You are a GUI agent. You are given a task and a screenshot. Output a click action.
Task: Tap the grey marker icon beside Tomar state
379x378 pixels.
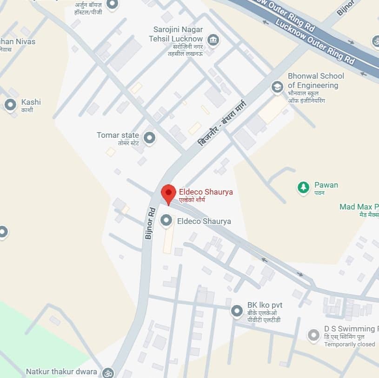pyautogui.click(x=149, y=138)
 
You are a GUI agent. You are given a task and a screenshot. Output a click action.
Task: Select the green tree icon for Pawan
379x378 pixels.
pyautogui.click(x=304, y=187)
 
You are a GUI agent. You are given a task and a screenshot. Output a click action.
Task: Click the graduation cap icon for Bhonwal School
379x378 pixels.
pyautogui.click(x=278, y=87)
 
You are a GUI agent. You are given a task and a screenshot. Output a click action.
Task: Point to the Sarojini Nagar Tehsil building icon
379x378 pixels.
pyautogui.click(x=213, y=40)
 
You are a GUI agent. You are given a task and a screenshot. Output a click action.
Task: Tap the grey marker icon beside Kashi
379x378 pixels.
pyautogui.click(x=10, y=105)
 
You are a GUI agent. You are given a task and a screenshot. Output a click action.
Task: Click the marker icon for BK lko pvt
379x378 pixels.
pyautogui.click(x=237, y=310)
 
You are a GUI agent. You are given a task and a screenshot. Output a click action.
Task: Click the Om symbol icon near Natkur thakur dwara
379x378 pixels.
pyautogui.click(x=108, y=372)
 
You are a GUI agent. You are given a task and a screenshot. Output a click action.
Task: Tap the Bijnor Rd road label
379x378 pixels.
pyautogui.click(x=149, y=223)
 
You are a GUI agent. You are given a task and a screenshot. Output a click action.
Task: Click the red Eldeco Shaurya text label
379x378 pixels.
pyautogui.click(x=206, y=192)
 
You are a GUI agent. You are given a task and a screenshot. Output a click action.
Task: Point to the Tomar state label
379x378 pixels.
pyautogui.click(x=118, y=135)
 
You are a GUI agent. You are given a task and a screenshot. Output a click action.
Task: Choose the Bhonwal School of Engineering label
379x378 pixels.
pyautogui.click(x=316, y=81)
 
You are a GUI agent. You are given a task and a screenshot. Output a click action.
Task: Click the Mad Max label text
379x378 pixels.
pyautogui.click(x=359, y=207)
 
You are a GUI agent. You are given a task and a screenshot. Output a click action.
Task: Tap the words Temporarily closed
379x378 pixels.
pyautogui.click(x=349, y=344)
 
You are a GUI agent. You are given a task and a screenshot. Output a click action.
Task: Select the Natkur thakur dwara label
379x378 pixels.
pyautogui.click(x=61, y=371)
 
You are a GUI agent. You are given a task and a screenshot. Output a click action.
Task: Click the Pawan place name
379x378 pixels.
pyautogui.click(x=326, y=185)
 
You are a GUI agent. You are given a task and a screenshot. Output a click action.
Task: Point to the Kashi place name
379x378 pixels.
pyautogui.click(x=31, y=102)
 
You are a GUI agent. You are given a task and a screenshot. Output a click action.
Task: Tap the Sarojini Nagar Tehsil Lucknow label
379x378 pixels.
pyautogui.click(x=178, y=34)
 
